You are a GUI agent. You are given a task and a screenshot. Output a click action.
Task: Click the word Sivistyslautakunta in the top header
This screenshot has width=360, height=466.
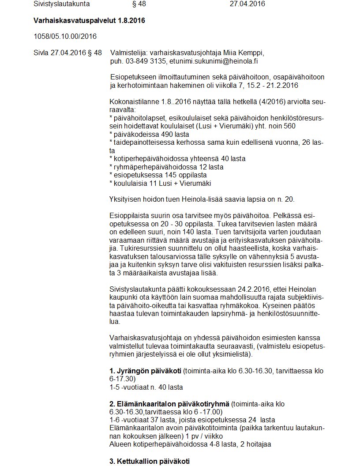click(61, 4)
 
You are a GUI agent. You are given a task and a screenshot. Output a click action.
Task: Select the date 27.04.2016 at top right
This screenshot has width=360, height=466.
click(247, 4)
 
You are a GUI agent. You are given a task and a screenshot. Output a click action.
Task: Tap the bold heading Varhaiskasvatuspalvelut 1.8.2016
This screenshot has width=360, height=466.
click(89, 21)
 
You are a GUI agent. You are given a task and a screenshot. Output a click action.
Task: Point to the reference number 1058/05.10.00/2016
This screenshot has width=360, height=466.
click(65, 36)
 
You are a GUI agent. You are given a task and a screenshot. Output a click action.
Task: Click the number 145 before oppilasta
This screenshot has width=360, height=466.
click(157, 175)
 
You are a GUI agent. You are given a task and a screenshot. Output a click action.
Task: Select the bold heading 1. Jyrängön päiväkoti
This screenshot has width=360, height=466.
click(145, 371)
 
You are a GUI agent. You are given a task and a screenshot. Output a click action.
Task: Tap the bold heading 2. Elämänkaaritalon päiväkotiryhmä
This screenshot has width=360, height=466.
click(169, 404)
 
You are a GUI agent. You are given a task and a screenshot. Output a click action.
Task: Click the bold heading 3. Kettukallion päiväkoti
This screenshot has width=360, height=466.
click(149, 461)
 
